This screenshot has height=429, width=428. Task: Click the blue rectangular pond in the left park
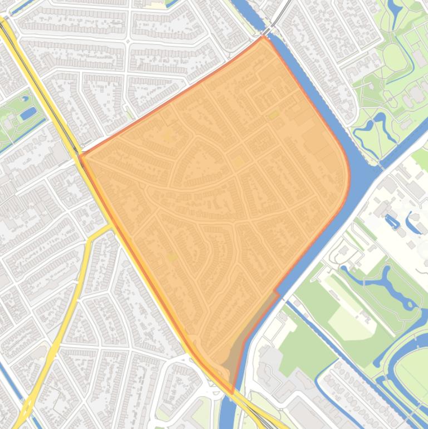pos(27,114)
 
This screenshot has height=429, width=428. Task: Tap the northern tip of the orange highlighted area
pos(264,37)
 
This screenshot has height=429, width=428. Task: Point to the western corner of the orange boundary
pos(81,155)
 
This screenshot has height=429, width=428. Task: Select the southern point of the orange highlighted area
pos(232,393)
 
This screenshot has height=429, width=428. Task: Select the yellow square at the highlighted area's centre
pos(238,162)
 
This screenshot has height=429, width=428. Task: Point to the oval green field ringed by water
pos(412,368)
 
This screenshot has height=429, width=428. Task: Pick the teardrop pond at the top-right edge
pos(396,8)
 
